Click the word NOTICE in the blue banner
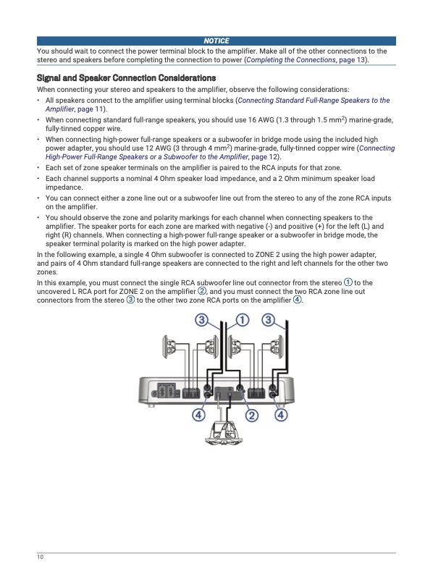(216, 41)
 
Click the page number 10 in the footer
(40, 557)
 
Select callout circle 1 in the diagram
(243, 320)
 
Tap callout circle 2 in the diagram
(252, 416)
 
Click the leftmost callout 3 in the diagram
(201, 320)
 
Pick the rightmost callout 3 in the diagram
(269, 320)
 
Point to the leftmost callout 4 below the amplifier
(198, 415)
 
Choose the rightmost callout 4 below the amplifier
(281, 415)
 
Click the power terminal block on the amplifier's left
(167, 391)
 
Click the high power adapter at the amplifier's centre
(224, 393)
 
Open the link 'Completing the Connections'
(291, 60)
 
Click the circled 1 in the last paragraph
(348, 282)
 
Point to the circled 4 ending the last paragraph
(298, 300)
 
